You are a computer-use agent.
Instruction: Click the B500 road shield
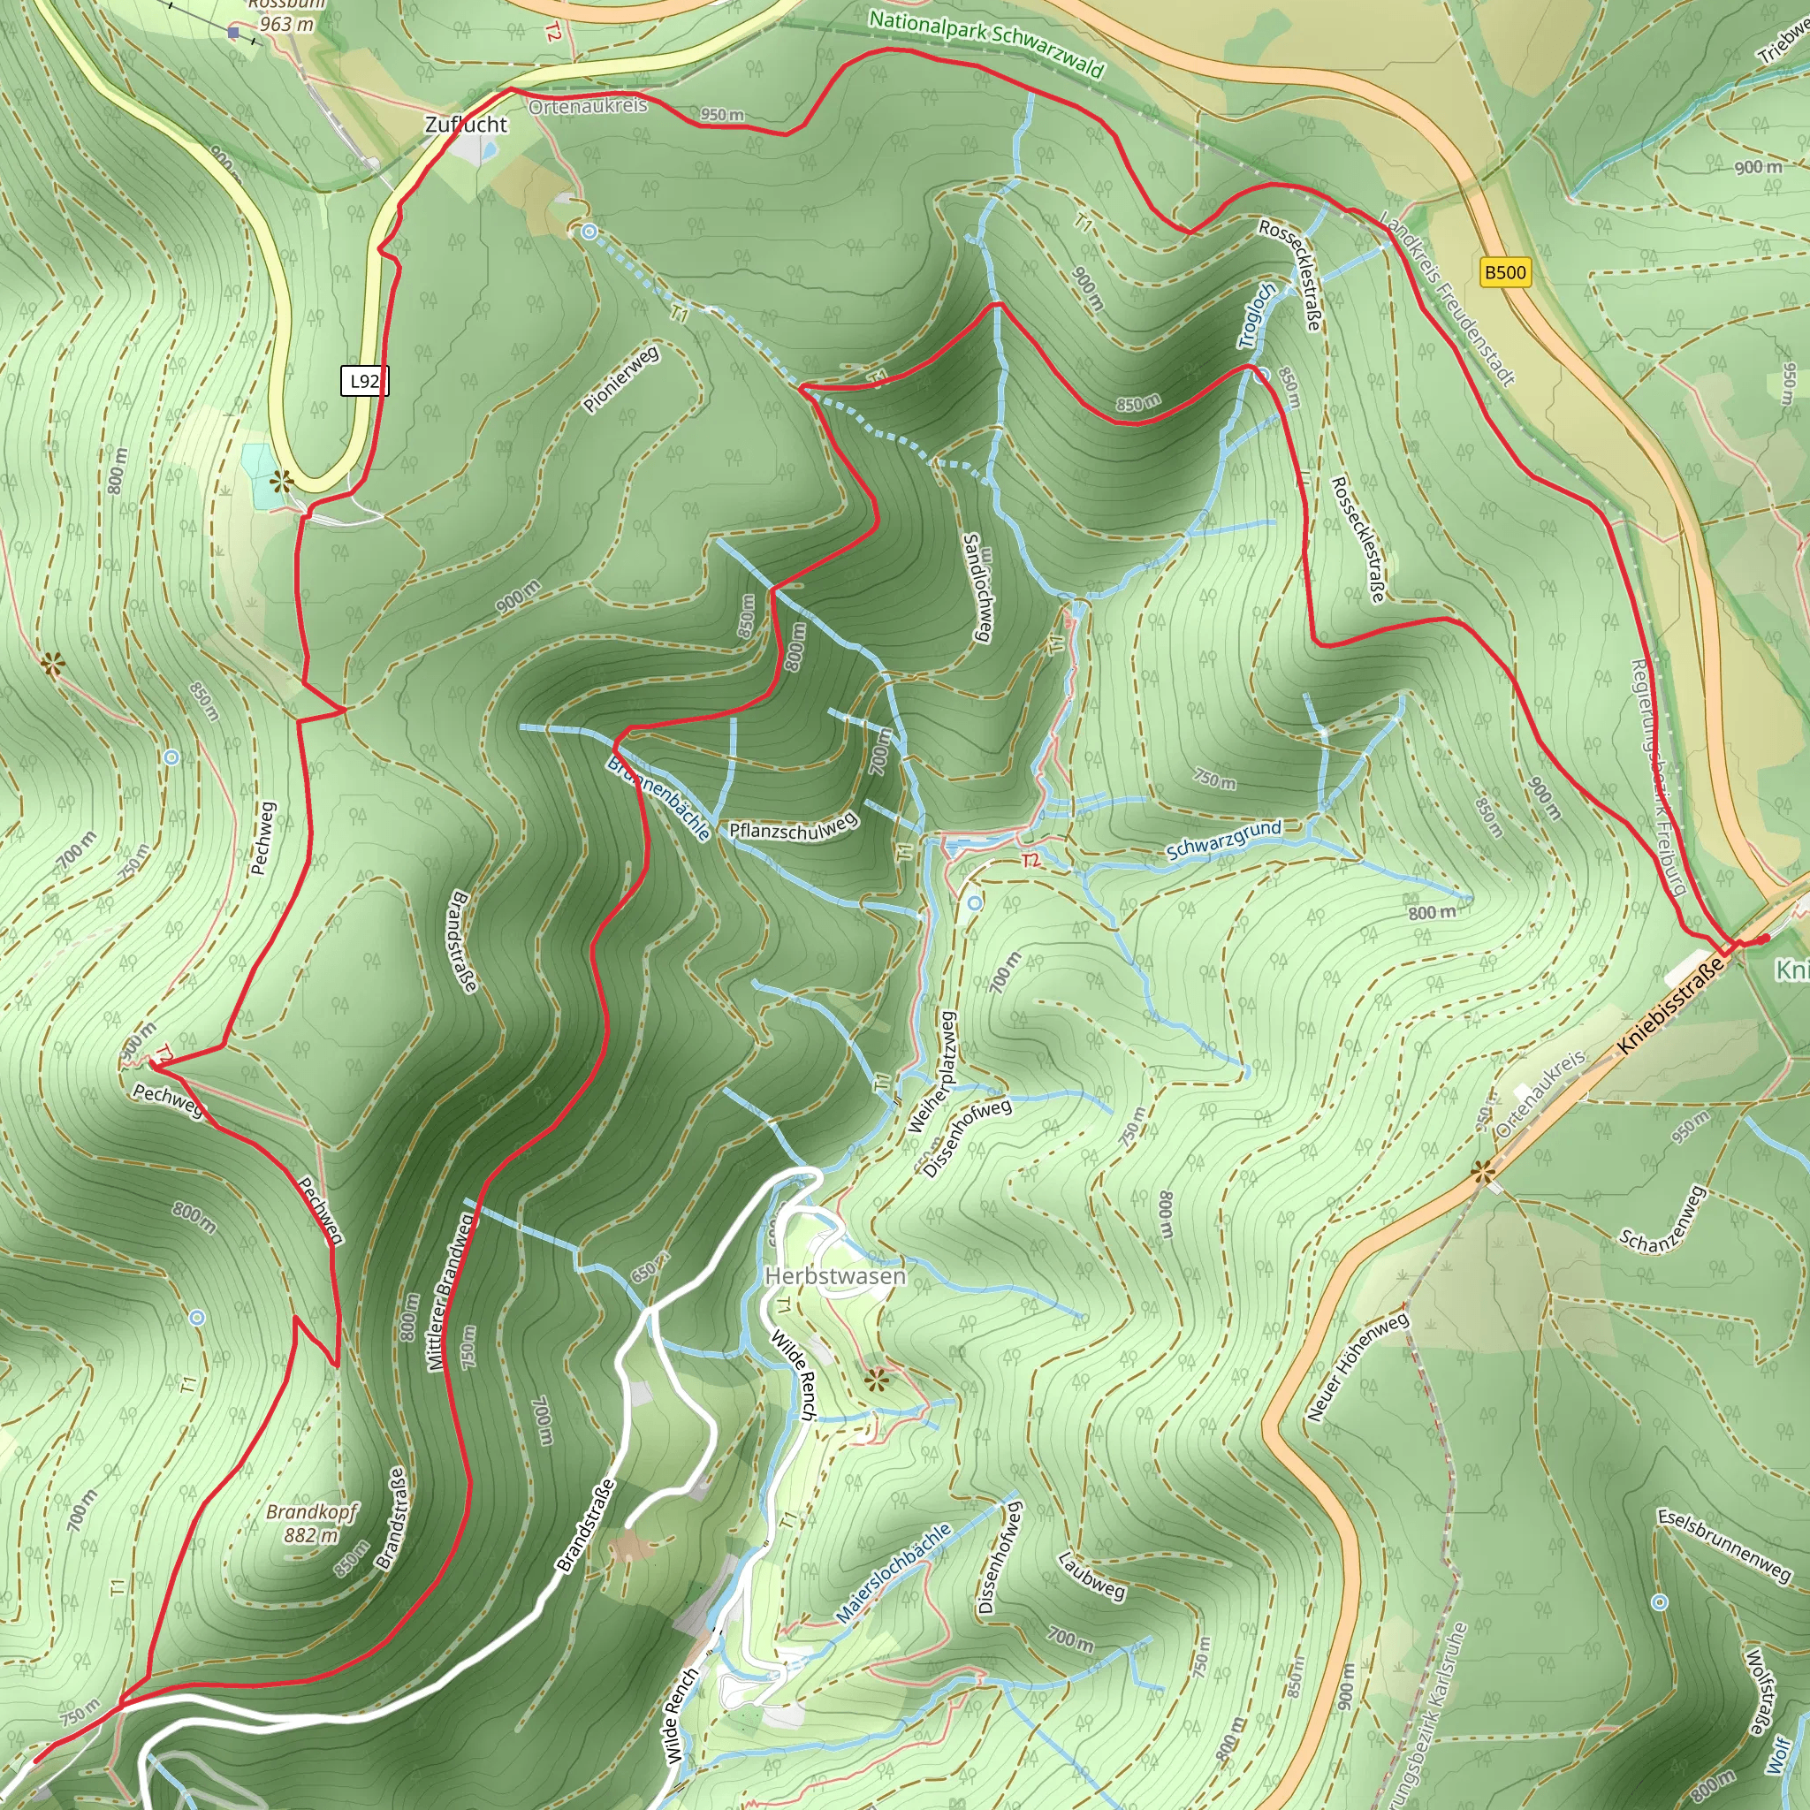1504,272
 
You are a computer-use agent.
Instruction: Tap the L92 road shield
364,380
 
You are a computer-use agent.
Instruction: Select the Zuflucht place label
466,125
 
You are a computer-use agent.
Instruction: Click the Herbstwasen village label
834,1276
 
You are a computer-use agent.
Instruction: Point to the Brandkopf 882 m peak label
311,1524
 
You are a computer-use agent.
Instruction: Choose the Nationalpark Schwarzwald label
986,42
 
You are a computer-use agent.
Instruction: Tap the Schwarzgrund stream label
1222,840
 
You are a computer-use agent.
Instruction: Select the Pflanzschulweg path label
793,827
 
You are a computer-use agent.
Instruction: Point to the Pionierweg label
621,379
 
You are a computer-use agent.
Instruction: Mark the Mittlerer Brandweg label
451,1293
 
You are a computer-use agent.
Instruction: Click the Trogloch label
1257,316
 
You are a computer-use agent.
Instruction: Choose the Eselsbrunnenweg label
1723,1545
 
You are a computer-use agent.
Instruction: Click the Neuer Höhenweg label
1357,1367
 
